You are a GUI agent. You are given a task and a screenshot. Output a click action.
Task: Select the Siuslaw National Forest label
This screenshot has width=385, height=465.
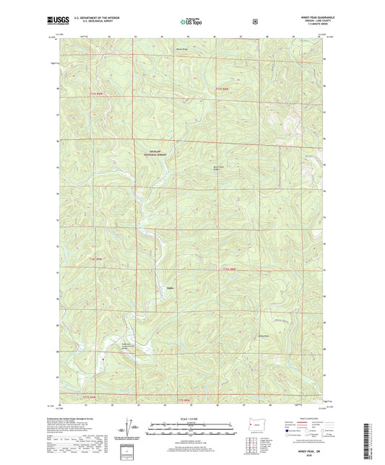tap(150, 153)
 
